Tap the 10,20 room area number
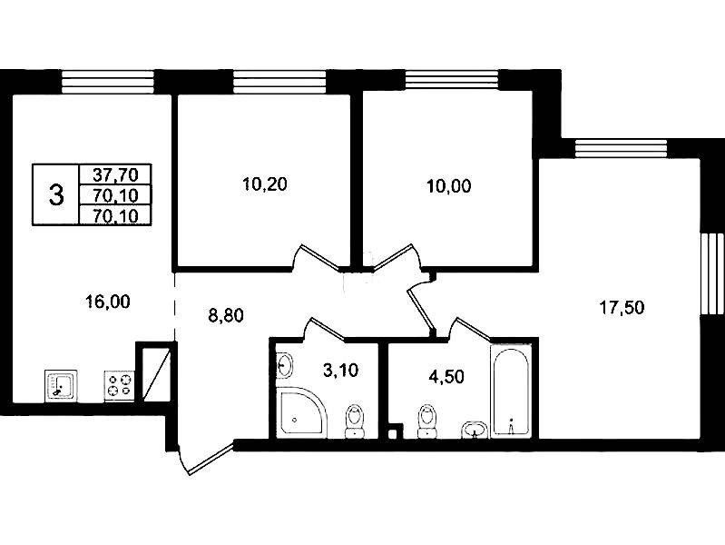click(x=260, y=185)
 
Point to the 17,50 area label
click(x=621, y=309)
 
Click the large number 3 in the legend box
click(x=56, y=194)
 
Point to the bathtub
click(x=512, y=392)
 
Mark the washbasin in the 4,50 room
click(x=473, y=429)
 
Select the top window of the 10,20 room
click(x=261, y=83)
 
